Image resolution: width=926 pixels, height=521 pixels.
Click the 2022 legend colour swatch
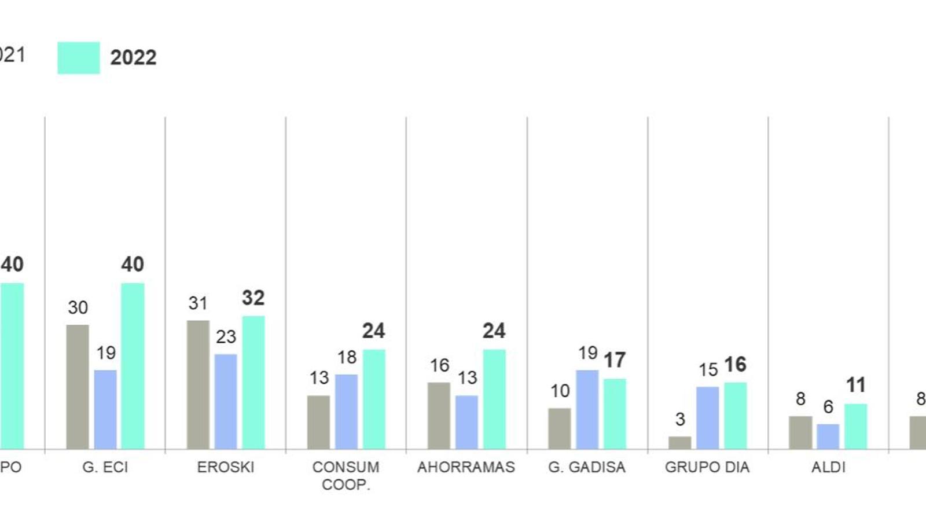coord(79,58)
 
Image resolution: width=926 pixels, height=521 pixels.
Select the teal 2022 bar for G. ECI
coord(133,366)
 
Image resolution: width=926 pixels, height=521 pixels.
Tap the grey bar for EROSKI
coord(198,384)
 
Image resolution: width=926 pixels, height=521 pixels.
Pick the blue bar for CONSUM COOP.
coord(346,412)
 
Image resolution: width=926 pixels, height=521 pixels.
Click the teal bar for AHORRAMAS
coord(494,399)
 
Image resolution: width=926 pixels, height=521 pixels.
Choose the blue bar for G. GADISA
coord(587,409)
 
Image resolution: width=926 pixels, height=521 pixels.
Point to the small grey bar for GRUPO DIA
coord(679,443)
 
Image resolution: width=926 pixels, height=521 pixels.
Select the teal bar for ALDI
coord(855,427)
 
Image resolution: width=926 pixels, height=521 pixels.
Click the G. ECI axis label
coord(105,467)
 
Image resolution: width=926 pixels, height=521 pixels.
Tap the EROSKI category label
coord(226,467)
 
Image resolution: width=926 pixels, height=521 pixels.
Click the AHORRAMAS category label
coord(466,467)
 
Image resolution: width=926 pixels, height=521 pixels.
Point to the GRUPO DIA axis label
coord(707,467)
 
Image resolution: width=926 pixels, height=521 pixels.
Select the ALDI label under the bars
coord(828,467)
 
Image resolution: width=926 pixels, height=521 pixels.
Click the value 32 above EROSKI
coord(253,298)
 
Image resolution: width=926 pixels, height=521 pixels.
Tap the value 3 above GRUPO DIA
coord(680,419)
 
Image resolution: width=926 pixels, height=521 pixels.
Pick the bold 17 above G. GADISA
coord(615,360)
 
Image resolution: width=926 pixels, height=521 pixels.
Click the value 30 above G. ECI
coord(78,307)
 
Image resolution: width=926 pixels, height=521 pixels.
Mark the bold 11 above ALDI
coord(855,385)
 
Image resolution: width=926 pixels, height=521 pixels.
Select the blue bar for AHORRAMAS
coord(466,422)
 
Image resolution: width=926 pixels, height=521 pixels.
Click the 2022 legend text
coord(133,58)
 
